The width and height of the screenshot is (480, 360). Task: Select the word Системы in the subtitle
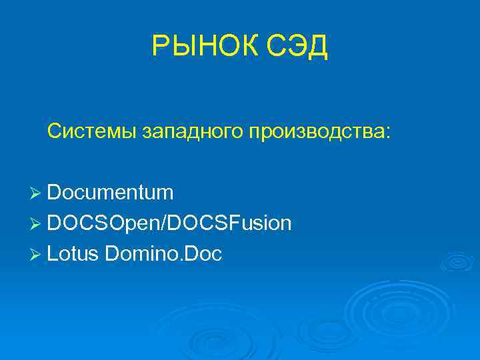pyautogui.click(x=91, y=131)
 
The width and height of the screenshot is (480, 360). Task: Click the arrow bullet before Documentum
pyautogui.click(x=37, y=193)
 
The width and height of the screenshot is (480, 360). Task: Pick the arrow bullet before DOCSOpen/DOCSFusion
pyautogui.click(x=37, y=223)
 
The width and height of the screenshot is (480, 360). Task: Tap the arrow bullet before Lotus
pyautogui.click(x=37, y=253)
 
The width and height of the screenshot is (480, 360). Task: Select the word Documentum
pyautogui.click(x=111, y=193)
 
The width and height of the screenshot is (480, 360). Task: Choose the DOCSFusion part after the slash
pyautogui.click(x=229, y=223)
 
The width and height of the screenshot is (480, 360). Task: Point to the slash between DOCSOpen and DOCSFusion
pyautogui.click(x=165, y=223)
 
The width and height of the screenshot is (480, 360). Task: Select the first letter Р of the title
pyautogui.click(x=161, y=46)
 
